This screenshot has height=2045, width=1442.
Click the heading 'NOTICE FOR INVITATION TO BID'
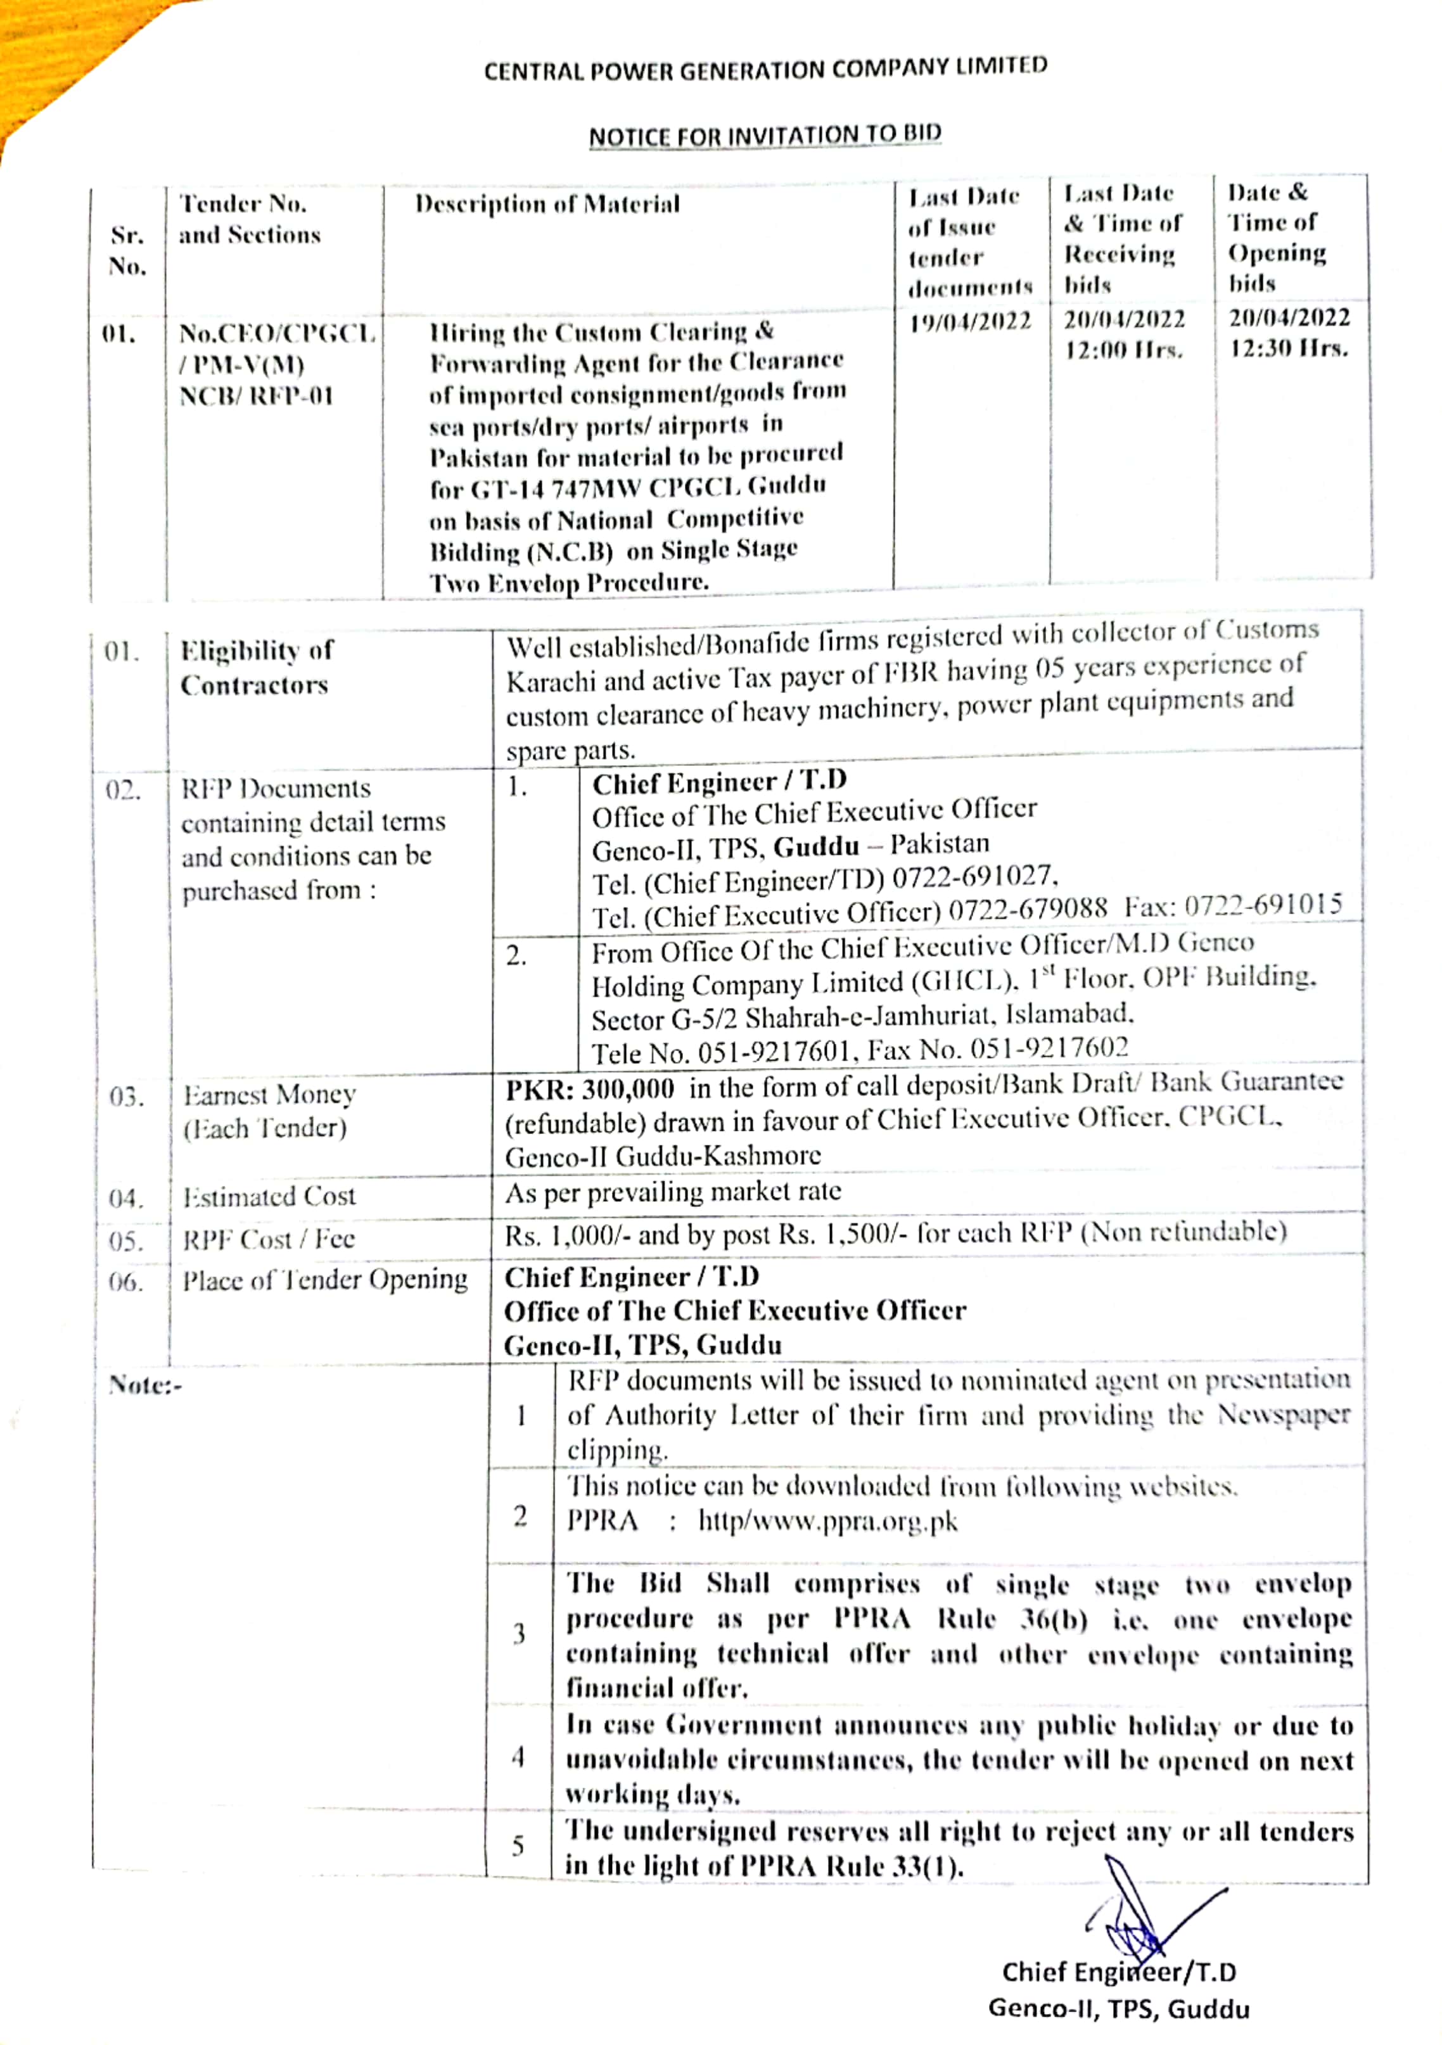click(x=764, y=136)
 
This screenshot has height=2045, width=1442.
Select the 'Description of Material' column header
click(x=547, y=205)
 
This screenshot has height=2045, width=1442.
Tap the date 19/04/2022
click(x=970, y=322)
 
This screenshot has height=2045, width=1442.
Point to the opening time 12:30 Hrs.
click(x=1289, y=348)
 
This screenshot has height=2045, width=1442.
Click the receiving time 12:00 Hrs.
click(x=1123, y=350)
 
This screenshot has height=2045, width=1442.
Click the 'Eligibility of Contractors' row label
click(x=255, y=667)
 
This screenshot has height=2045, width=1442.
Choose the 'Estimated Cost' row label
click(x=269, y=1196)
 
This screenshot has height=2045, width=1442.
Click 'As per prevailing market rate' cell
click(x=673, y=1192)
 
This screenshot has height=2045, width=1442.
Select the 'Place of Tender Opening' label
click(x=325, y=1280)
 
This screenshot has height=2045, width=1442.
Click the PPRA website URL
click(x=827, y=1520)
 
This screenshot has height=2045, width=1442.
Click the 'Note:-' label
click(x=145, y=1385)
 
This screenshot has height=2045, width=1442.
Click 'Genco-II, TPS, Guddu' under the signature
click(x=1119, y=2008)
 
